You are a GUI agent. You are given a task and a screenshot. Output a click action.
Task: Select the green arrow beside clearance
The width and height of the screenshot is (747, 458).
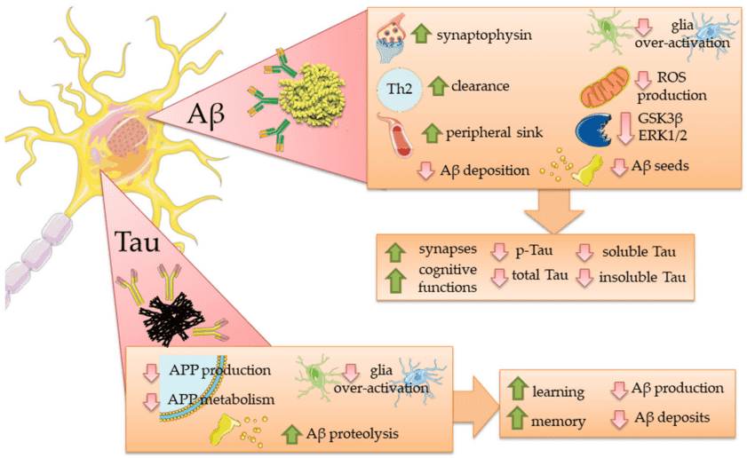tap(436, 87)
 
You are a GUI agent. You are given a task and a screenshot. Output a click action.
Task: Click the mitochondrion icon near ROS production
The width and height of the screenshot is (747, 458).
tap(607, 89)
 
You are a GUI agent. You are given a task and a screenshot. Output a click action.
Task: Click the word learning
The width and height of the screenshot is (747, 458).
tap(559, 391)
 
